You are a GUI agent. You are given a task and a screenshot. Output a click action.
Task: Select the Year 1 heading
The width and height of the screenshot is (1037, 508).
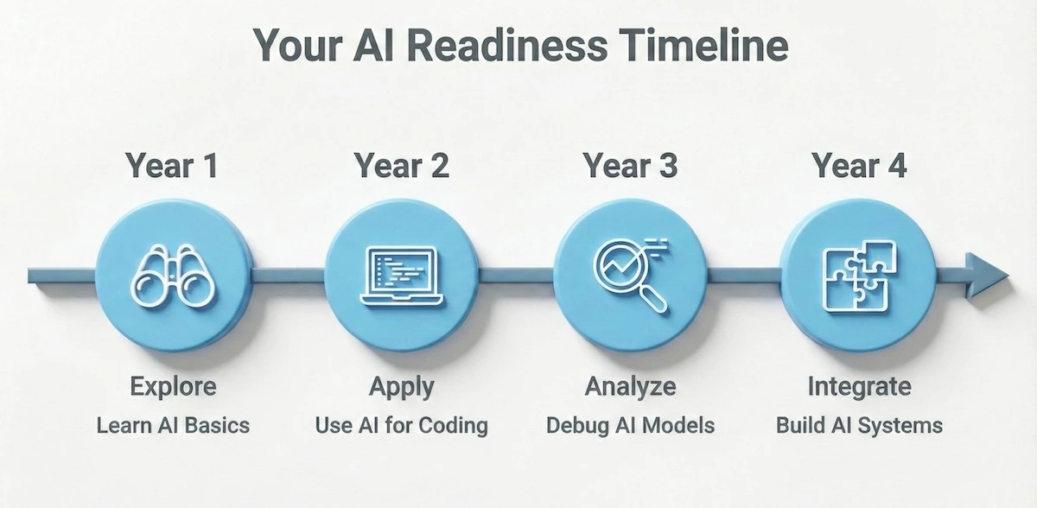(172, 166)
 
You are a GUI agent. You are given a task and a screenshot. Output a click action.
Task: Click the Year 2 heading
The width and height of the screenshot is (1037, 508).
(401, 166)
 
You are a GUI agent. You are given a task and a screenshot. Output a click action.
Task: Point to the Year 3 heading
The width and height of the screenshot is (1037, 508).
(630, 166)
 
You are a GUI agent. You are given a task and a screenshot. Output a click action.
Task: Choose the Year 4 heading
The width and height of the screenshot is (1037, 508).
(858, 166)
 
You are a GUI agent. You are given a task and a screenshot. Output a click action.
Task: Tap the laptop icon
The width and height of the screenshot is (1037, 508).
(401, 276)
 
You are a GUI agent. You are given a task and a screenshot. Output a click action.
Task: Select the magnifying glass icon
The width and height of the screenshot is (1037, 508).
(629, 276)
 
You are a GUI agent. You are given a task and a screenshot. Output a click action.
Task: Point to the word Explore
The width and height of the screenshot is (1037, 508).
(173, 388)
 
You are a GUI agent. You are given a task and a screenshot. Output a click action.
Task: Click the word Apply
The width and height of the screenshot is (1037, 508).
(401, 388)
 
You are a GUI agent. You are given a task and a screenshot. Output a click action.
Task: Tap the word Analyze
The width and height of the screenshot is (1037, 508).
(630, 388)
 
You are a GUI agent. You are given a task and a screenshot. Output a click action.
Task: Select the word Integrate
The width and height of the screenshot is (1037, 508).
(858, 388)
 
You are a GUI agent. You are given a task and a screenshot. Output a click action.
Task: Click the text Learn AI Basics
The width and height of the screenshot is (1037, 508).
(173, 425)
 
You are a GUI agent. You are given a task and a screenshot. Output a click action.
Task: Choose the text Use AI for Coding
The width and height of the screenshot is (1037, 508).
(401, 425)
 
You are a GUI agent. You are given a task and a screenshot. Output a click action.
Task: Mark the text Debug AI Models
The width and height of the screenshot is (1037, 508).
(630, 425)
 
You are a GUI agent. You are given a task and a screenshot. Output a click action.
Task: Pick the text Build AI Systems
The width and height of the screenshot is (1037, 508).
(858, 425)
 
